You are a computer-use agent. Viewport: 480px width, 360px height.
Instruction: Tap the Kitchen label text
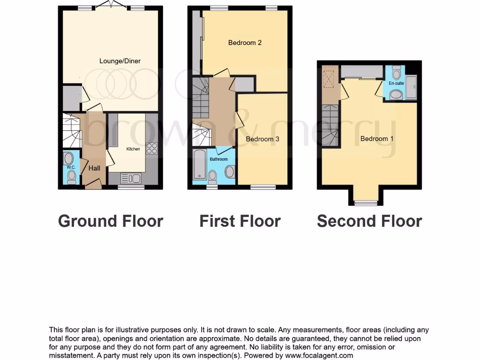point(133,149)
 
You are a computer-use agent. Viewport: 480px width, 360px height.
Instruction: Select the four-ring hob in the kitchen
point(151,148)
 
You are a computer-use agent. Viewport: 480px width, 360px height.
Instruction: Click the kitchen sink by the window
point(131,178)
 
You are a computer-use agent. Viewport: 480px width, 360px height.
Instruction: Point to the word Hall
point(94,168)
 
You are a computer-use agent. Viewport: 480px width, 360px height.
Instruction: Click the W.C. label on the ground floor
point(71,167)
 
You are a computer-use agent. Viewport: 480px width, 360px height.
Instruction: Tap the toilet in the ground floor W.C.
point(71,176)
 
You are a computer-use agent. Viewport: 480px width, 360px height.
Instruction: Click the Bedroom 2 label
point(245,43)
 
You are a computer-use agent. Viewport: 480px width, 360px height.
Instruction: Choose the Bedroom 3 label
point(262,139)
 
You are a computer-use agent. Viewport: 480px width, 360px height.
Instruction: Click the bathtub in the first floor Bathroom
point(199,165)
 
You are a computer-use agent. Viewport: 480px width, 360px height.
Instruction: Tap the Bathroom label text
point(218,159)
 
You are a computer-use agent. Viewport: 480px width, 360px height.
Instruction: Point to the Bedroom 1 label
point(377,139)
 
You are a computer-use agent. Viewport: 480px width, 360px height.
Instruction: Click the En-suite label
point(396,83)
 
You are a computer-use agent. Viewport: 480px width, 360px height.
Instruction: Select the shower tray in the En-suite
point(411,88)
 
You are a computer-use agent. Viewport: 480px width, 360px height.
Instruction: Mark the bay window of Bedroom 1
point(365,202)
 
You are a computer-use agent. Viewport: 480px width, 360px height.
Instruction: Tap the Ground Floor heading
point(111,221)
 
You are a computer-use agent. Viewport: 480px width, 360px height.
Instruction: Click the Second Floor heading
point(369,221)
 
